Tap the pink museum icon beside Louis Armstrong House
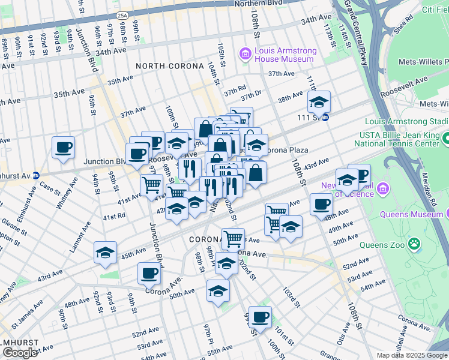(x=245, y=55)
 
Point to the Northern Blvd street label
(x=258, y=4)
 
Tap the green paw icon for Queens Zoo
(x=414, y=244)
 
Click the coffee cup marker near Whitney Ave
(x=63, y=147)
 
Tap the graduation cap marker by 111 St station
(x=319, y=101)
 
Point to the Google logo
(x=20, y=353)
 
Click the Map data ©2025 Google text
(x=411, y=355)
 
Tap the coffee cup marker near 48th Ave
(x=321, y=204)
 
